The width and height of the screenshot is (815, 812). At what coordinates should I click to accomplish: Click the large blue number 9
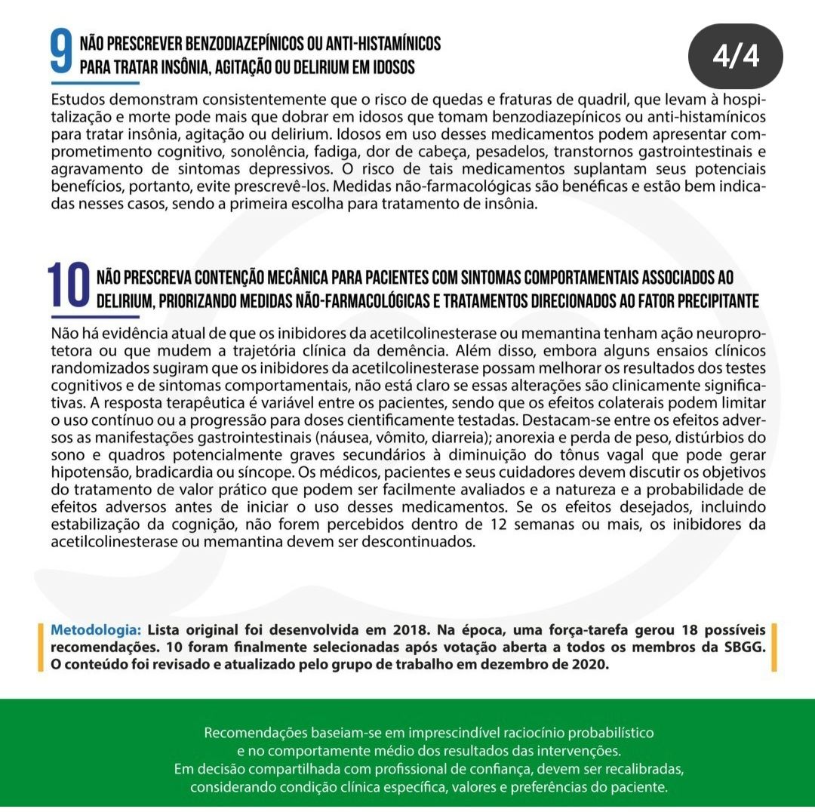pyautogui.click(x=61, y=54)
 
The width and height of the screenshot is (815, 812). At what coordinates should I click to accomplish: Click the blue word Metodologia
pyautogui.click(x=95, y=629)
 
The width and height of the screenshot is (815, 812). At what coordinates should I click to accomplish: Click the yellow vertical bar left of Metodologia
pyautogui.click(x=40, y=647)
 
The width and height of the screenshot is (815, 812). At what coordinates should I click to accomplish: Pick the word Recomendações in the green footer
pyautogui.click(x=248, y=733)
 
